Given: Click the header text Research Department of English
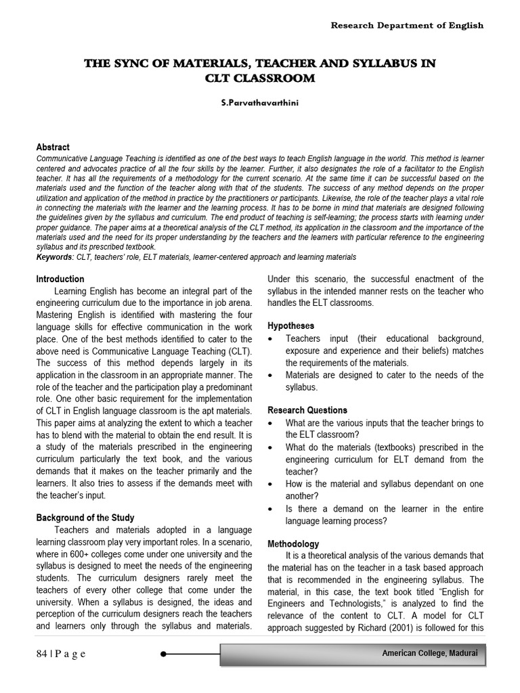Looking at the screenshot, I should pos(407,26).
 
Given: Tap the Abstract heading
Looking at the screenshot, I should pos(53,147).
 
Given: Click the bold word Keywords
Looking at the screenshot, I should pos(54,258).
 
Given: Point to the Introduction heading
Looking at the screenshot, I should pos(60,279).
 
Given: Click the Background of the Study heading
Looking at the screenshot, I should pos(85,518).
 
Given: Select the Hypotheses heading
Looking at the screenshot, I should pos(291,326).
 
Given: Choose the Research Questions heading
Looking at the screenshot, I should pos(307,410).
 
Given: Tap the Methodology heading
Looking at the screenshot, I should pos(293,543).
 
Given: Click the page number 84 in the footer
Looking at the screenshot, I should pos(43,654).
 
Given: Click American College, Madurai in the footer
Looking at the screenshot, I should pos(429,653).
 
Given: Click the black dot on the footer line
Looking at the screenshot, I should pos(165,654).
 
